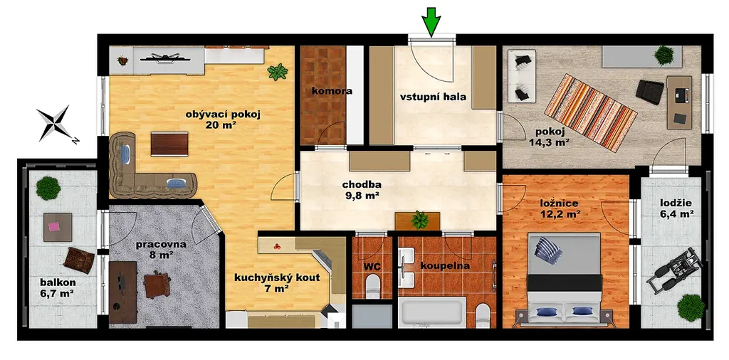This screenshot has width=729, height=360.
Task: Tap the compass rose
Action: pos(55,123)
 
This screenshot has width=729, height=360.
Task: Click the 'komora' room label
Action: pos(332,92)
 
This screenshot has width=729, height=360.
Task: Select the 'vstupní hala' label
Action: pos(433,97)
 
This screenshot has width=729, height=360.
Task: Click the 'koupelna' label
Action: pos(445,266)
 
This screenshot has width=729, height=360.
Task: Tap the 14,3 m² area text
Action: pos(550,142)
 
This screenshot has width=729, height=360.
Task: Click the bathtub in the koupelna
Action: pos(432,312)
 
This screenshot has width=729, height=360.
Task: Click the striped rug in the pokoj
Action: pos(590,112)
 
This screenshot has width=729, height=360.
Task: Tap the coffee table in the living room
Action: pos(169,144)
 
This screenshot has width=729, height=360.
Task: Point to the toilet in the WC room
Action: pos(373,287)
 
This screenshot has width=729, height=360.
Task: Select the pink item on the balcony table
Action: pos(55,227)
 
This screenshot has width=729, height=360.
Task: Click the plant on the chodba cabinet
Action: pos(420,219)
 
